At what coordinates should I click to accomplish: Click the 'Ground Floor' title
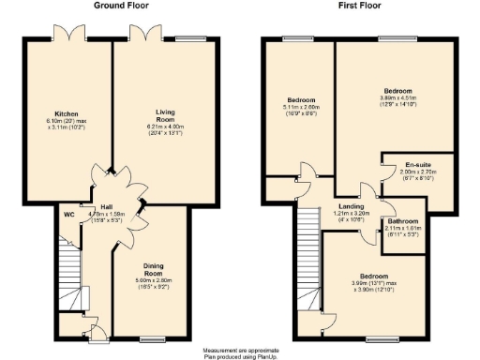click(x=124, y=6)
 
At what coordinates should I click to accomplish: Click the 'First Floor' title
click(x=359, y=6)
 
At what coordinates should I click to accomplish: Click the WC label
click(x=69, y=215)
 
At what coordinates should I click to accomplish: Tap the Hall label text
click(x=107, y=207)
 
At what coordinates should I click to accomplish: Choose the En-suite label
click(x=412, y=165)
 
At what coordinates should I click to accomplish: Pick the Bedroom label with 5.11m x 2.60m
click(x=300, y=99)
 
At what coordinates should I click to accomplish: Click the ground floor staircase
click(x=67, y=277)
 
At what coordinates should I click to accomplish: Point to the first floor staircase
click(x=307, y=258)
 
